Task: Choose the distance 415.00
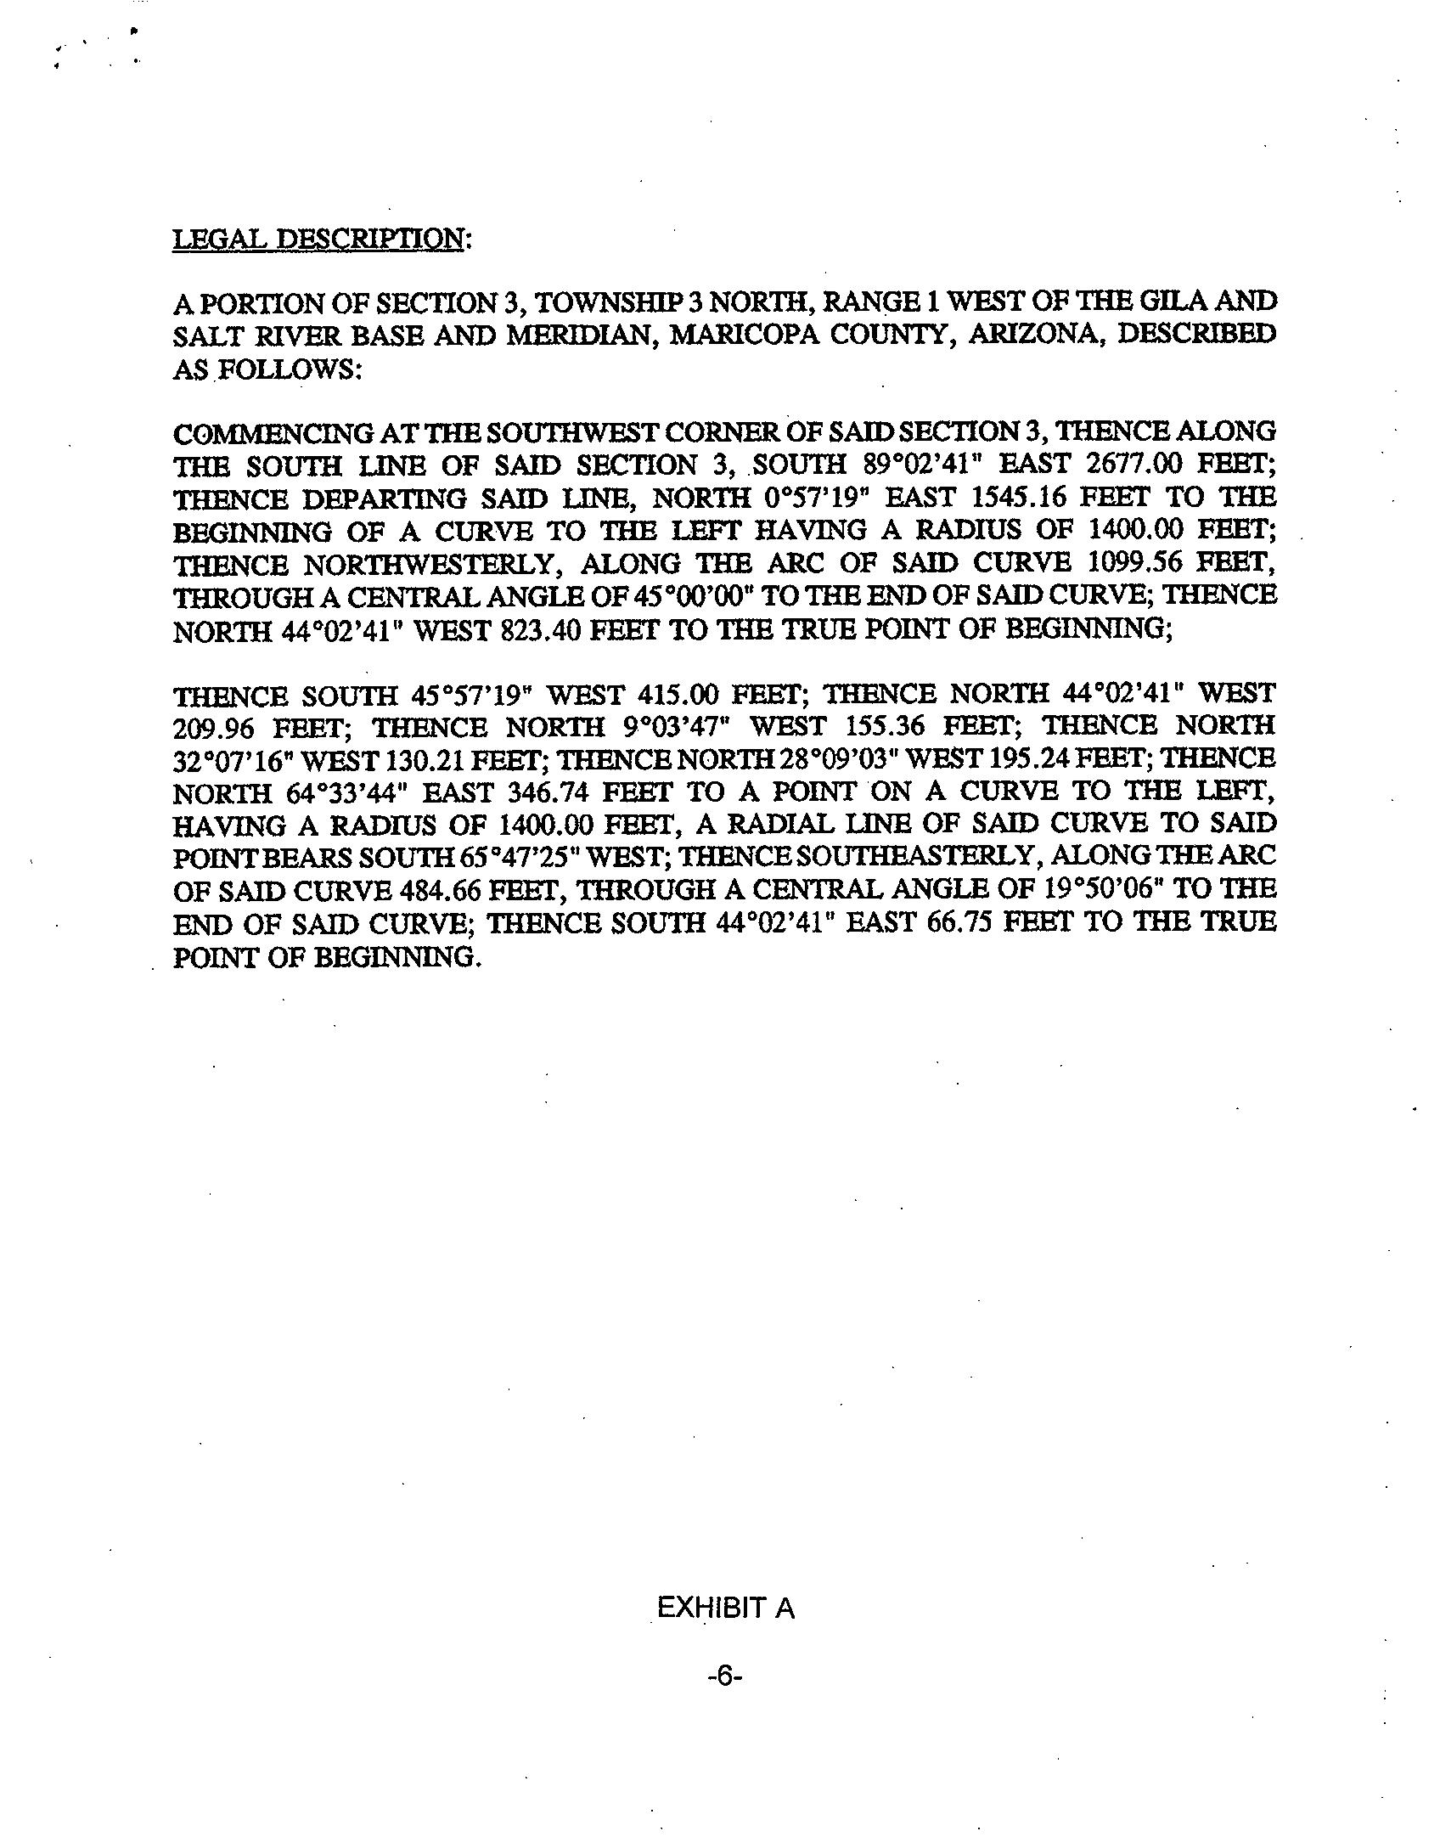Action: tap(679, 695)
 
